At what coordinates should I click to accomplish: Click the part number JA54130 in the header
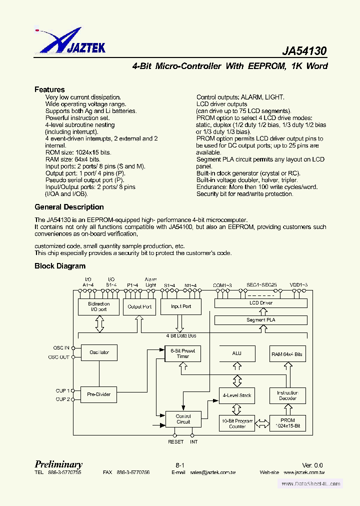[304, 51]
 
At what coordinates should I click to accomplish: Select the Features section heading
[49, 89]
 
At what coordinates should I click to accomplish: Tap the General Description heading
[69, 207]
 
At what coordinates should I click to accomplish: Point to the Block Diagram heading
[60, 266]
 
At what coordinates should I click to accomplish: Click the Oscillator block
[99, 352]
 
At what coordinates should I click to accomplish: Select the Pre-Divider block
[99, 394]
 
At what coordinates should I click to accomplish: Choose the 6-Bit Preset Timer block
[183, 353]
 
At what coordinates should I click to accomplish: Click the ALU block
[237, 353]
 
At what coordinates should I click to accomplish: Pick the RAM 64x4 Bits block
[287, 354]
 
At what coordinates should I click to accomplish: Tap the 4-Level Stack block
[237, 395]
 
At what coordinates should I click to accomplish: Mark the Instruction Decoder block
[287, 395]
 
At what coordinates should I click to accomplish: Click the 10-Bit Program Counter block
[237, 423]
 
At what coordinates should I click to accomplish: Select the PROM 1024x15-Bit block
[287, 423]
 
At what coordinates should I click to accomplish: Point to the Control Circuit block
[183, 419]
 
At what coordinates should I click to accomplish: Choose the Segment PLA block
[260, 320]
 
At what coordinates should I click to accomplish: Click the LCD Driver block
[260, 303]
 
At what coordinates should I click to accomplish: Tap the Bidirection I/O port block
[99, 306]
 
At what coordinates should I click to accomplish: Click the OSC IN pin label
[61, 347]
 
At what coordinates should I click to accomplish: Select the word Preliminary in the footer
[58, 464]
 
